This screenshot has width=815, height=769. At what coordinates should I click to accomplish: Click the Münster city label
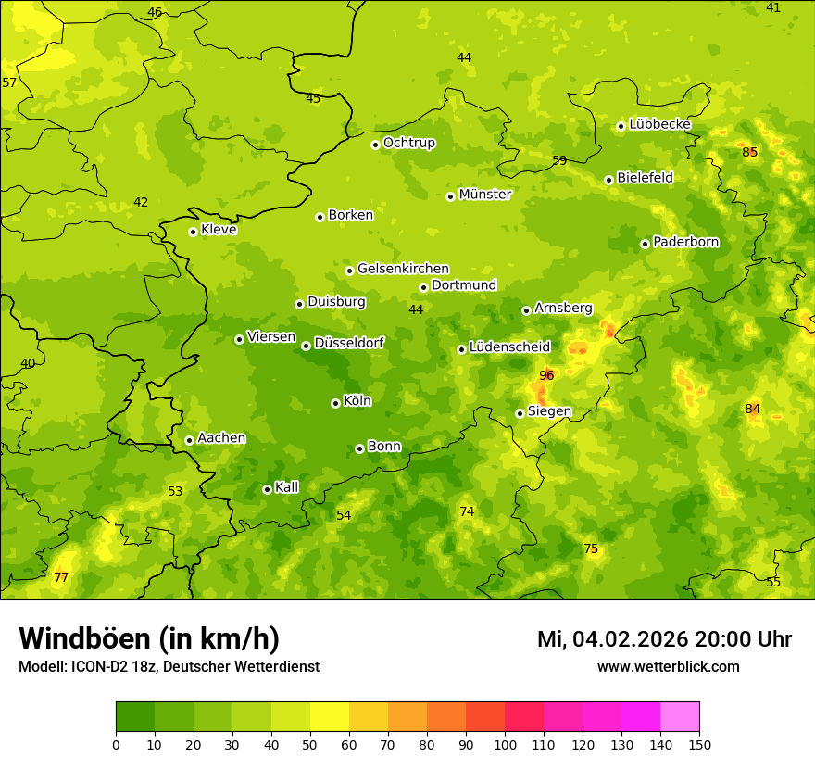tap(484, 195)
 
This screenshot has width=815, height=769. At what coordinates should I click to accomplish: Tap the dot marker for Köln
tap(335, 403)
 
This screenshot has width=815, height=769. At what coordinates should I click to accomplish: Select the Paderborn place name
tap(685, 242)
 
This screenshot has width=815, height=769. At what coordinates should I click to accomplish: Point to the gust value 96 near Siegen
tap(546, 375)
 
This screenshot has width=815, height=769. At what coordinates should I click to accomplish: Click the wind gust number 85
tap(750, 152)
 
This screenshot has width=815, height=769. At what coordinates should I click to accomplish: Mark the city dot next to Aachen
tap(189, 440)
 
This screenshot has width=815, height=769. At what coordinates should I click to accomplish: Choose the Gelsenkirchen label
tap(403, 269)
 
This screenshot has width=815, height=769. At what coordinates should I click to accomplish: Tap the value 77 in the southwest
tap(61, 577)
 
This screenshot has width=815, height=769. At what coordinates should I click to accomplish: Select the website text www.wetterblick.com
tap(668, 666)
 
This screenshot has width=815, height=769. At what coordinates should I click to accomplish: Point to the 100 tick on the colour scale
tap(505, 744)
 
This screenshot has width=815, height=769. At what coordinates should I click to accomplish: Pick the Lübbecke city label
tap(659, 124)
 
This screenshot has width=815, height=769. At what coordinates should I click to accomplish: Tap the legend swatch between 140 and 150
tap(680, 717)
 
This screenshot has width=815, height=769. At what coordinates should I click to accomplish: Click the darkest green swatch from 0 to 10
tap(135, 717)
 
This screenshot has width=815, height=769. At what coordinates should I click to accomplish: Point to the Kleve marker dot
tap(193, 232)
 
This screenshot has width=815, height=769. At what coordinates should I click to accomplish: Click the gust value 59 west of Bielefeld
tap(559, 160)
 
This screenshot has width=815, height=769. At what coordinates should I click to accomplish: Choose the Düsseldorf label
tap(349, 343)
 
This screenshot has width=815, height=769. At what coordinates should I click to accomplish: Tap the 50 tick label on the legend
tap(310, 744)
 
